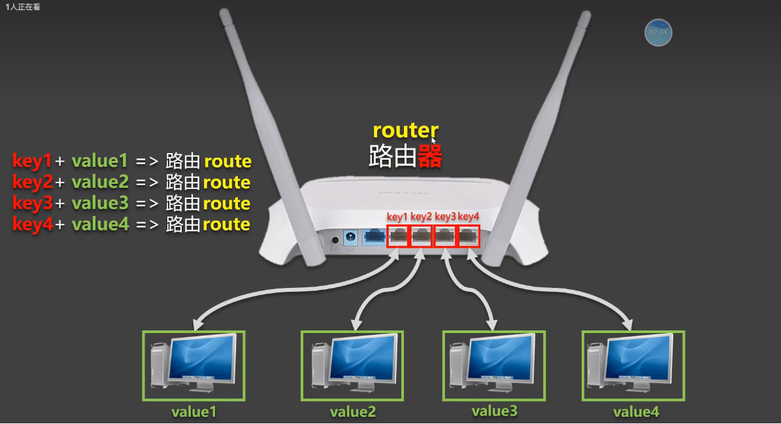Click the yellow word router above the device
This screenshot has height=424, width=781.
tap(405, 130)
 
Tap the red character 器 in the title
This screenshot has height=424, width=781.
tap(430, 156)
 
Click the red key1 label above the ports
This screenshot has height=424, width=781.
tap(397, 217)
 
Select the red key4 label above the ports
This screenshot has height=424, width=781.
tap(469, 217)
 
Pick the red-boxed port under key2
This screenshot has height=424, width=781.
tap(422, 236)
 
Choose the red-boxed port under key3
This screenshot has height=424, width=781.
tap(445, 236)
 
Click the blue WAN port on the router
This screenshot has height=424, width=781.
tap(374, 237)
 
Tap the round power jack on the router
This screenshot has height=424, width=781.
tap(350, 237)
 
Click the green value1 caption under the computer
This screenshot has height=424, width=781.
tap(193, 412)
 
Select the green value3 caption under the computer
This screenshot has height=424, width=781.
tap(494, 411)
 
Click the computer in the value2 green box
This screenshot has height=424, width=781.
tap(352, 365)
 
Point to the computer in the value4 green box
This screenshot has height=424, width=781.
tap(633, 365)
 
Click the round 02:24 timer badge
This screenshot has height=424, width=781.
tap(658, 32)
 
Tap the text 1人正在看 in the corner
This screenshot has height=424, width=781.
tap(23, 7)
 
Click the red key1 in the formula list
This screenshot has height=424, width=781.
tap(32, 161)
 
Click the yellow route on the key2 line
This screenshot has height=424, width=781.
tap(226, 182)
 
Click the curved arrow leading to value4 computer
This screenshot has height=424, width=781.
tap(562, 288)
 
